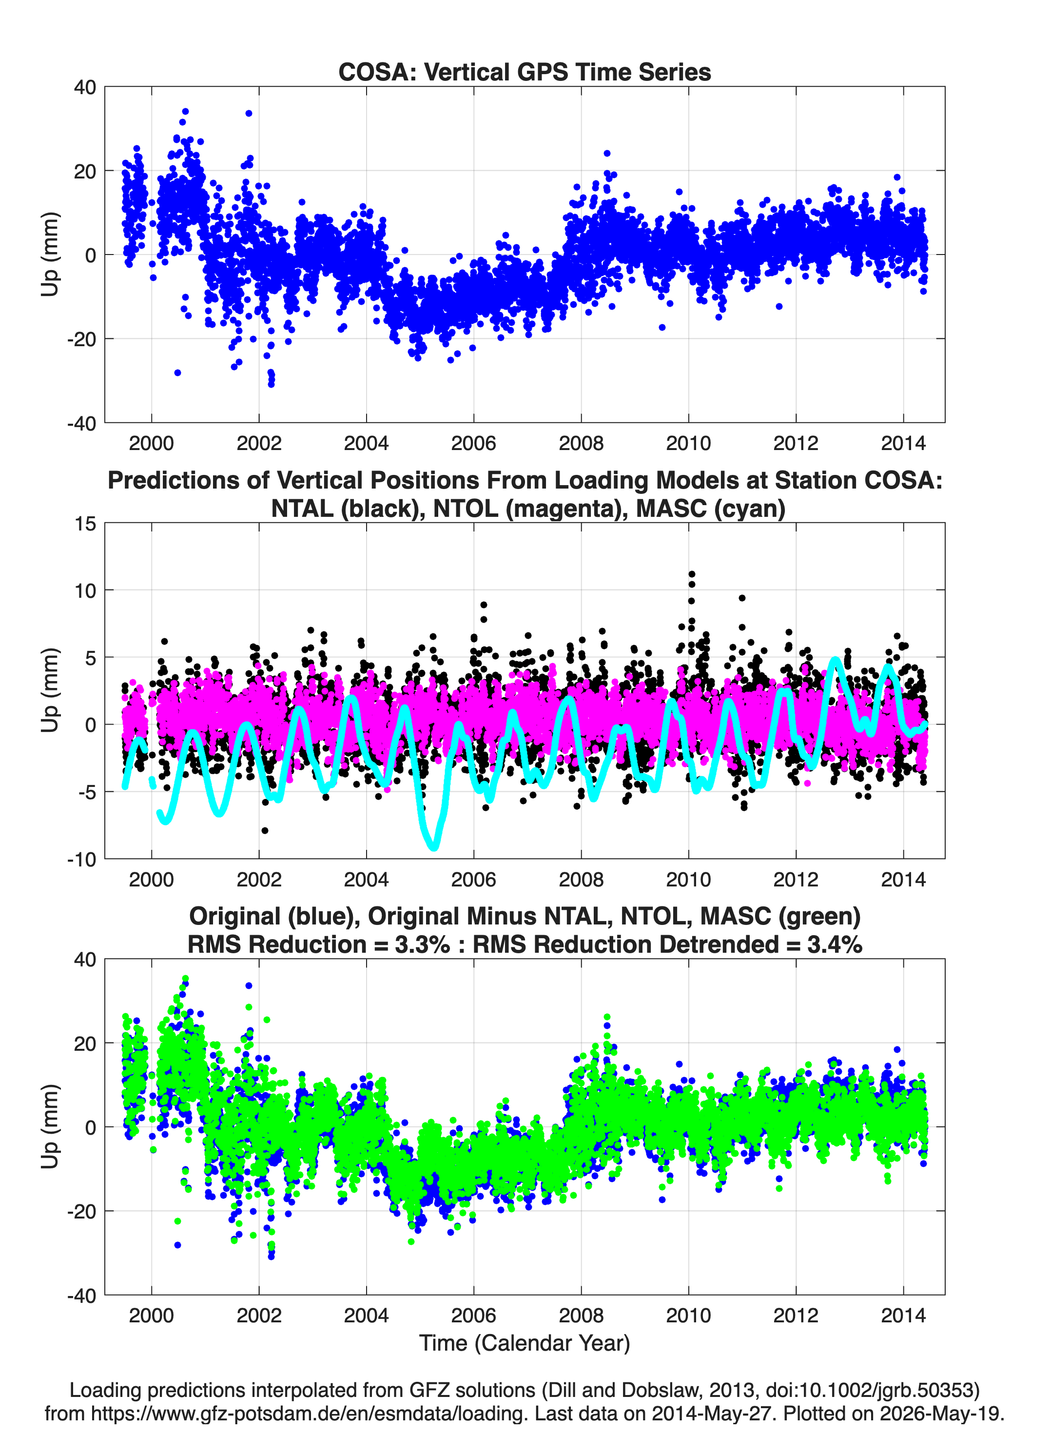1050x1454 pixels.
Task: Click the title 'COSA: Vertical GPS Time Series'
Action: (x=525, y=72)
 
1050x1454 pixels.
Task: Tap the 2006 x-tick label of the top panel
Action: (x=474, y=443)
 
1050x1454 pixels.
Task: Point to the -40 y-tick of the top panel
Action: (x=81, y=423)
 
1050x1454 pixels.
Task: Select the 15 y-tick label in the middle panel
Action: (x=85, y=523)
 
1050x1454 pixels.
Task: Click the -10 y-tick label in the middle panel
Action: (x=81, y=859)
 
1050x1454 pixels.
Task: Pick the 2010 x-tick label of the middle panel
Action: (x=688, y=879)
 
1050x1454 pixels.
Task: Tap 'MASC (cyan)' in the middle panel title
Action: (x=711, y=509)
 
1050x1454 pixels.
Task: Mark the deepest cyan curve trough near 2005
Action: (x=435, y=847)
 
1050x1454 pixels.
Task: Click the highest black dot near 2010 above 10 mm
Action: (x=692, y=574)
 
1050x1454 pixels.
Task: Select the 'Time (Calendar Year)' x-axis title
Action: (x=525, y=1342)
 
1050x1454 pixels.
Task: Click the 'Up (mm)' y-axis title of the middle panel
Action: (x=50, y=690)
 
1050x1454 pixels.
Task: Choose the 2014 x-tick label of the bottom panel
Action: (x=903, y=1315)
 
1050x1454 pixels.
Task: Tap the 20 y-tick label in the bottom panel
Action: (x=85, y=1043)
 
